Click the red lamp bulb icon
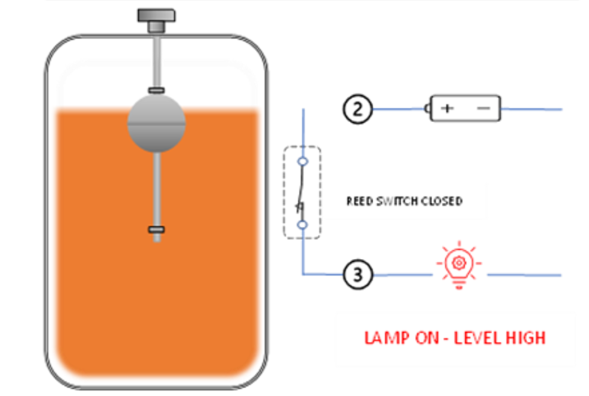pos(459,265)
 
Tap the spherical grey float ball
pos(156,123)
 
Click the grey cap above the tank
pos(156,16)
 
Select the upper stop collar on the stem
pos(156,90)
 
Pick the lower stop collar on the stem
pos(156,229)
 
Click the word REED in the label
pos(359,201)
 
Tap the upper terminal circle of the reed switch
pos(303,161)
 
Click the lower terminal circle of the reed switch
pos(303,224)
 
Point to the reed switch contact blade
pos(300,193)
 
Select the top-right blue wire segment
pos(533,110)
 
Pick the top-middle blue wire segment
pos(398,109)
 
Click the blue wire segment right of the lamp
pos(524,275)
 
